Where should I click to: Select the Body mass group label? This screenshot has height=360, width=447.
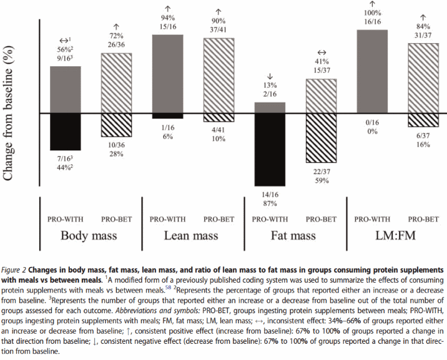coord(90,235)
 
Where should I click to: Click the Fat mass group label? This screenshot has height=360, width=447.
coord(293,235)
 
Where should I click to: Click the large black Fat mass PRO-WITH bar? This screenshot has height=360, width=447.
coord(270,149)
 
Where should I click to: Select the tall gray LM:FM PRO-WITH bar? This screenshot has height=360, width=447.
coord(371,71)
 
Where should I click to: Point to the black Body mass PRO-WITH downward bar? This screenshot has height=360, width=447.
coord(66,132)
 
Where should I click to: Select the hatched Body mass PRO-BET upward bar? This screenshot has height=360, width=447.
coord(117,83)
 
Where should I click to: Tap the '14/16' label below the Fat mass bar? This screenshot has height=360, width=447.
coord(270,194)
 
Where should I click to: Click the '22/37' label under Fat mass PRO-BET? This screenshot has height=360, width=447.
coord(320,172)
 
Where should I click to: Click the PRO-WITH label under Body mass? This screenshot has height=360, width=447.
coord(66,219)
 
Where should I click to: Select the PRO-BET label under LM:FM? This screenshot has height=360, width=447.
coord(422,219)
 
